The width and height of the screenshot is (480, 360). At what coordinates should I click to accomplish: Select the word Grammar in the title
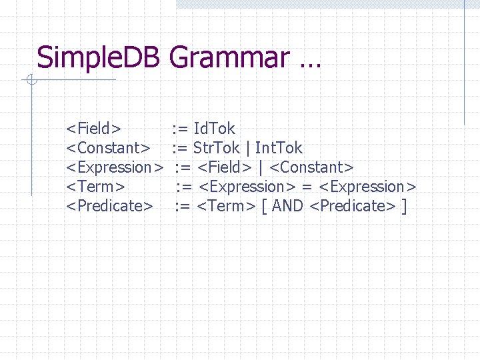[229, 58]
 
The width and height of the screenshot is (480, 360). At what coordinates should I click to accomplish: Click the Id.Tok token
[214, 128]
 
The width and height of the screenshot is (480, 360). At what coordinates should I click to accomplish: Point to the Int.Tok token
[279, 147]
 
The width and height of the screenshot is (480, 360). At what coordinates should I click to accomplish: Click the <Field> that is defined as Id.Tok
[93, 128]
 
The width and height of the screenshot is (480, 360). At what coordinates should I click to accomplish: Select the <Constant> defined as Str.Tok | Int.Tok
[107, 147]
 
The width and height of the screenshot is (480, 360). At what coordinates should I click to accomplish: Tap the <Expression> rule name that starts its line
[115, 167]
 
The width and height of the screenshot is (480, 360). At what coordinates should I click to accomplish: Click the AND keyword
[288, 205]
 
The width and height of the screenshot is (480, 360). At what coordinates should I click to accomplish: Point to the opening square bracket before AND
[265, 206]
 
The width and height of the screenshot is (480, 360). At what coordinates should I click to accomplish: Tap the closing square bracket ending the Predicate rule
[404, 206]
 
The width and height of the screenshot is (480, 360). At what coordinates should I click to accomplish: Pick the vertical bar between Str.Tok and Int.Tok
[248, 148]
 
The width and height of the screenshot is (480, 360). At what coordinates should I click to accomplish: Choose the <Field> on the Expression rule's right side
[225, 167]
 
